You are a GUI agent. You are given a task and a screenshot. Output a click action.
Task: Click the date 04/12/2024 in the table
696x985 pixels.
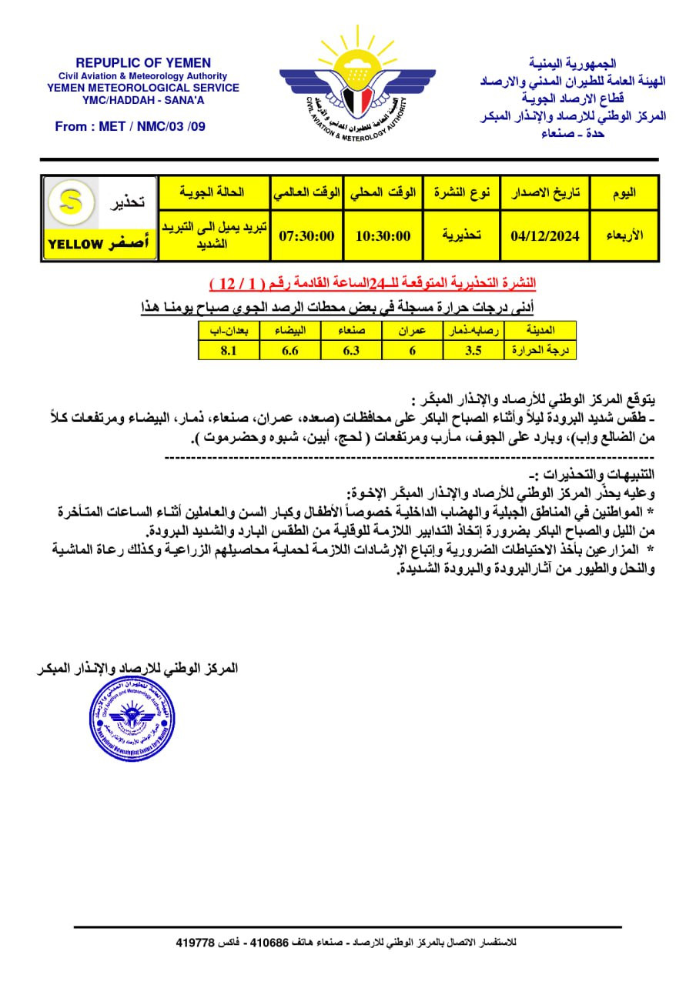pyautogui.click(x=544, y=235)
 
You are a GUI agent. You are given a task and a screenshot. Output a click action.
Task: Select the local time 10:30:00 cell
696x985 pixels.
pyautogui.click(x=383, y=235)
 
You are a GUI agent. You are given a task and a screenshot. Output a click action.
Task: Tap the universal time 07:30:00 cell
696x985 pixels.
pyautogui.click(x=306, y=235)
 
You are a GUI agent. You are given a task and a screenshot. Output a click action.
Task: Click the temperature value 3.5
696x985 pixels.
pyautogui.click(x=473, y=350)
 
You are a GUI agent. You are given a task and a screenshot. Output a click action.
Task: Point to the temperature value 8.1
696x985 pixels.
pyautogui.click(x=228, y=350)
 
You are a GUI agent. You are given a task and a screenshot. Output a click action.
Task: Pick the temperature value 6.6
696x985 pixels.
pyautogui.click(x=289, y=350)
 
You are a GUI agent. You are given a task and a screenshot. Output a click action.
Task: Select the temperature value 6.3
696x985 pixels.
pyautogui.click(x=350, y=350)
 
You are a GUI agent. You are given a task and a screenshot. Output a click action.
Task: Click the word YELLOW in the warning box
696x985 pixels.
pyautogui.click(x=75, y=244)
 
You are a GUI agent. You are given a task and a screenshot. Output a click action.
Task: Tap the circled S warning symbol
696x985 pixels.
pyautogui.click(x=65, y=202)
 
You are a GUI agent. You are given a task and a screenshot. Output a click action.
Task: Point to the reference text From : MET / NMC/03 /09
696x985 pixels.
pyautogui.click(x=130, y=126)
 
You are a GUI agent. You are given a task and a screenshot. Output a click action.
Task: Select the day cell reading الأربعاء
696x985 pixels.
pyautogui.click(x=624, y=235)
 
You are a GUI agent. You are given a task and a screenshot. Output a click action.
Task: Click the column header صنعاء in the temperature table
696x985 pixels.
pyautogui.click(x=350, y=331)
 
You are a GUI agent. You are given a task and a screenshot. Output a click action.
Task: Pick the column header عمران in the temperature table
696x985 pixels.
pyautogui.click(x=412, y=331)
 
